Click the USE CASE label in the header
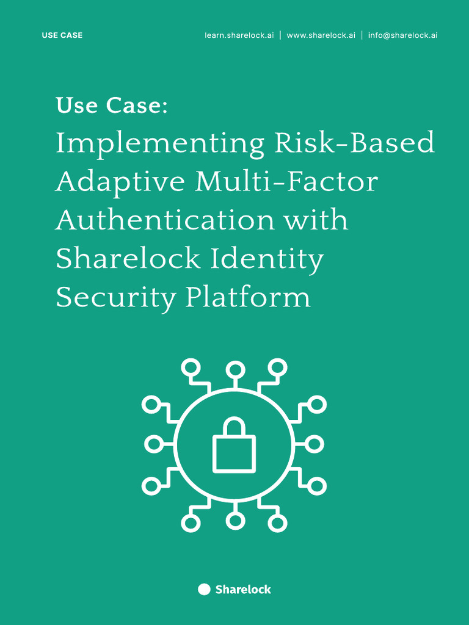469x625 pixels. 62,35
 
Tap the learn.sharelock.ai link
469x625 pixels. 239,35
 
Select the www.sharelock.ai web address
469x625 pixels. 321,35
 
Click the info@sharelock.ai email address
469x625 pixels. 402,35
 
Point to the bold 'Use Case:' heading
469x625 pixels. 111,106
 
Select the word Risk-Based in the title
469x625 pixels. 354,143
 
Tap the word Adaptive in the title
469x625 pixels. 120,182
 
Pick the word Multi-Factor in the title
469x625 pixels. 286,181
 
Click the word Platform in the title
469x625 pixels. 248,298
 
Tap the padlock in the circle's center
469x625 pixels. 234,447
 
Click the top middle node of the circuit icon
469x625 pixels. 234,369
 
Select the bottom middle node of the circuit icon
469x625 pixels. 234,521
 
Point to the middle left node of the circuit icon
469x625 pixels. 153,444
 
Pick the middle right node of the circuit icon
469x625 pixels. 314,444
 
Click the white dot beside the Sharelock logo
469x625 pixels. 204,589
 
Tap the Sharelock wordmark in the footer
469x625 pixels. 243,590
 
